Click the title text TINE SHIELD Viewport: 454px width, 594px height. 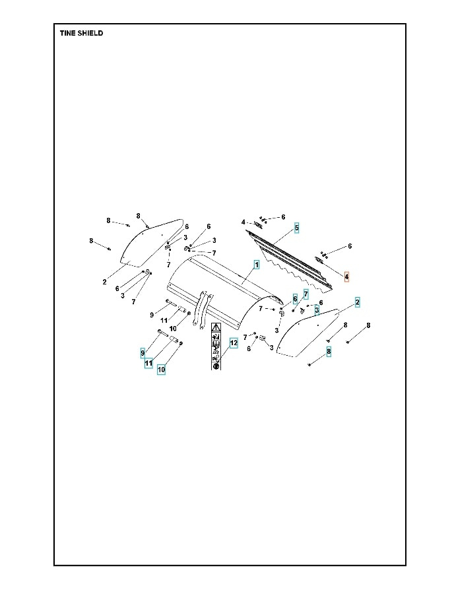tap(81, 33)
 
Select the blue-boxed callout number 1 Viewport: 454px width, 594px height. tap(257, 264)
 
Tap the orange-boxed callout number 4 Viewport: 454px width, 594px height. tap(346, 277)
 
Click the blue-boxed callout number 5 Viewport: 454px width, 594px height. tap(296, 228)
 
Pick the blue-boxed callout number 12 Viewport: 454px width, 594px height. tap(233, 343)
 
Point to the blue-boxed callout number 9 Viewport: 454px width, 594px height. tap(143, 353)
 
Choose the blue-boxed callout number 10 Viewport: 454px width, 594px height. tap(161, 370)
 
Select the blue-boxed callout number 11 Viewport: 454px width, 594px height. tap(149, 362)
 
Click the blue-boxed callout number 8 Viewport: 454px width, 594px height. tap(329, 352)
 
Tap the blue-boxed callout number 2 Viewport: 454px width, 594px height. tap(357, 302)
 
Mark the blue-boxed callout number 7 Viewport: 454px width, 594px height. tap(306, 293)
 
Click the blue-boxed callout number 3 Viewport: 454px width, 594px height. tap(317, 309)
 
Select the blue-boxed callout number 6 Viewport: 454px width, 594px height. tap(294, 299)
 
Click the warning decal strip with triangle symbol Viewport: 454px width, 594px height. tap(216, 346)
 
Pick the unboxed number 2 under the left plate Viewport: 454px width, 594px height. tap(104, 282)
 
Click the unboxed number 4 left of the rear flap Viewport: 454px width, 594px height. tap(243, 222)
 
